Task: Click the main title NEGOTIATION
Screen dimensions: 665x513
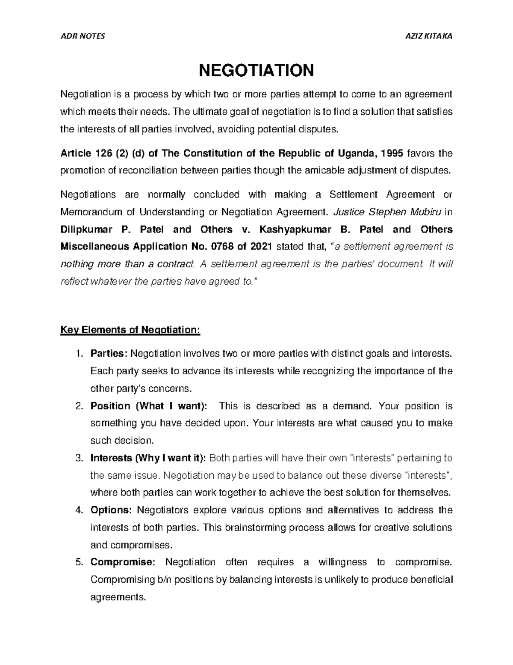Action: [x=256, y=70]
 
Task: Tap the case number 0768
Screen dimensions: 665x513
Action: [x=226, y=247]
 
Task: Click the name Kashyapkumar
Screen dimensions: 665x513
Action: [x=289, y=229]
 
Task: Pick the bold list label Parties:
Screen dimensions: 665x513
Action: [x=109, y=354]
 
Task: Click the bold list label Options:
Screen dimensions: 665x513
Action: [x=111, y=510]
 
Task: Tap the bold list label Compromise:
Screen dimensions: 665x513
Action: [x=124, y=562]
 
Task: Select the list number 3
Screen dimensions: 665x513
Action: [x=78, y=458]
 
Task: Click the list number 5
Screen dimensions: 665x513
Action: [x=78, y=562]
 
